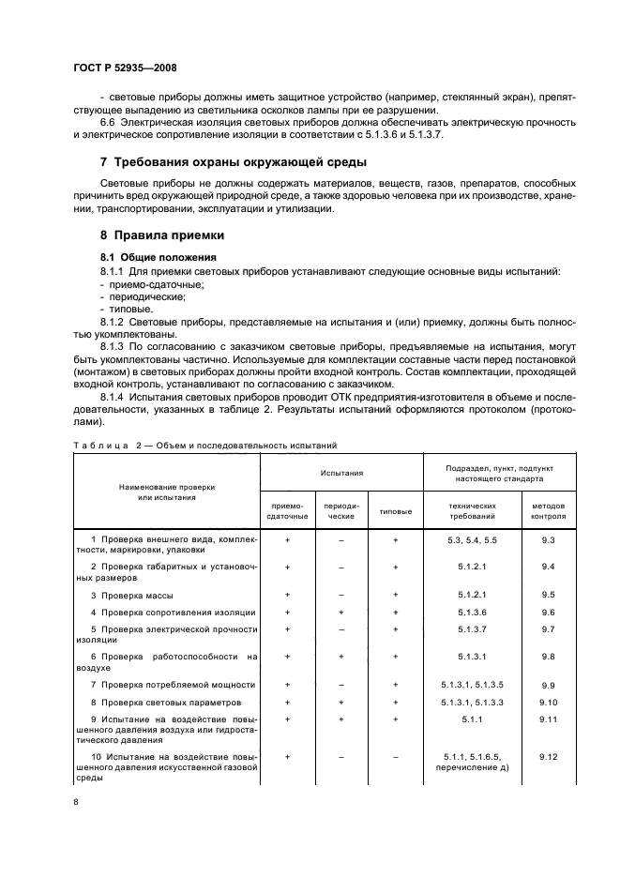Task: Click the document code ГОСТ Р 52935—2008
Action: point(125,68)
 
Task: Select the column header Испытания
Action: point(341,474)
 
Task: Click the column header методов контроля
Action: point(549,510)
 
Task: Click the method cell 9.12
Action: point(549,755)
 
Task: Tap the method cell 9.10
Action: point(549,702)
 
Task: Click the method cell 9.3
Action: point(549,540)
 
